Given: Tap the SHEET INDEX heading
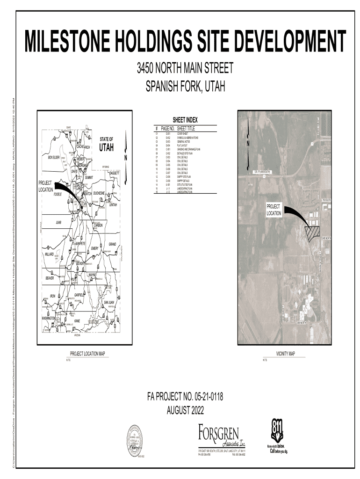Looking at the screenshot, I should coord(185,121).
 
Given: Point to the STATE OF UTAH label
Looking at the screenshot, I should coord(106,145).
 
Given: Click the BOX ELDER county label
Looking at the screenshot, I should coord(54,158).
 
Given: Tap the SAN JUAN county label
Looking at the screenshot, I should coord(109,302).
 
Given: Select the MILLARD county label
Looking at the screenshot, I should coord(49,254).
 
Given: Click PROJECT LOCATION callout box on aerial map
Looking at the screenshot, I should coord(274,210).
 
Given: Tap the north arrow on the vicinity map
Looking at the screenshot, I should coord(248,145).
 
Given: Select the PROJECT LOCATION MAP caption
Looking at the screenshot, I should coord(87,354).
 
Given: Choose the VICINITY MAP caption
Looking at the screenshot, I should coord(285,354).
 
